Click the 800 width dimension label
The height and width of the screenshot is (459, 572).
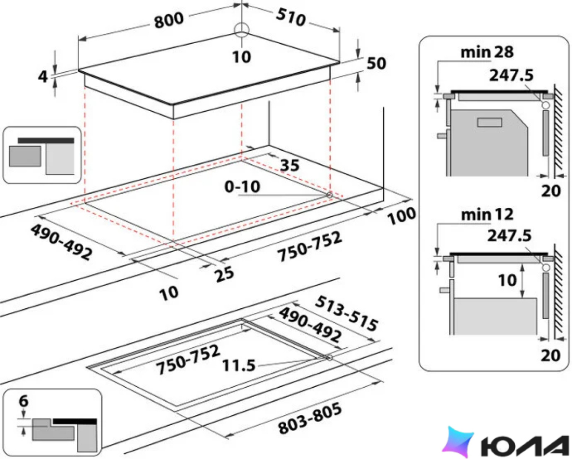click(168, 20)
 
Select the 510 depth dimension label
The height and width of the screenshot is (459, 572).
click(291, 17)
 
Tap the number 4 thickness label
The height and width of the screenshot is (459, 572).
click(43, 76)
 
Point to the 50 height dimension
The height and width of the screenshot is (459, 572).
click(376, 63)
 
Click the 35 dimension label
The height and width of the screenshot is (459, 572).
click(290, 165)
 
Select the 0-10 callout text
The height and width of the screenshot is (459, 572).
click(242, 187)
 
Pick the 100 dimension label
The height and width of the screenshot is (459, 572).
click(401, 216)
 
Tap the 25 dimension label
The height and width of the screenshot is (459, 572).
click(224, 274)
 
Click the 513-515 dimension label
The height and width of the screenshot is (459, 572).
click(346, 313)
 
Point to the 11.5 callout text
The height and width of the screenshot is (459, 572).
click(239, 365)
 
